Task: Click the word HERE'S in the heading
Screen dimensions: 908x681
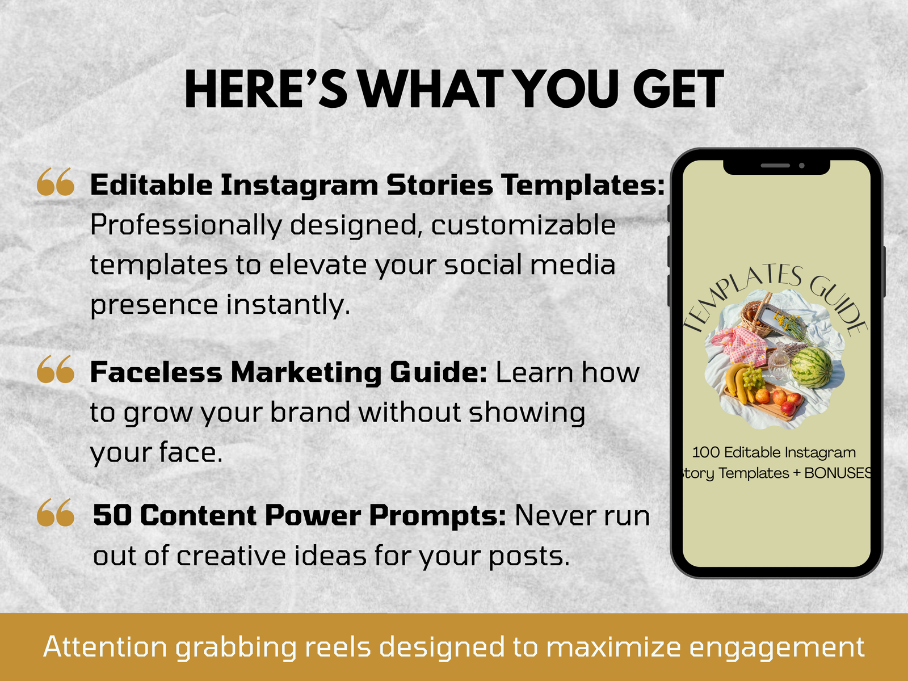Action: tap(266, 89)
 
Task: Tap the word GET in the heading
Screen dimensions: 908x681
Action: tap(678, 89)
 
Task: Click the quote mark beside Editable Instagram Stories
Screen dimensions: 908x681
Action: tap(56, 182)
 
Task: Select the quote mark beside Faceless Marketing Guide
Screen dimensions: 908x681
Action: tap(56, 369)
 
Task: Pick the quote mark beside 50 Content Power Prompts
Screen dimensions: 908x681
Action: tap(56, 512)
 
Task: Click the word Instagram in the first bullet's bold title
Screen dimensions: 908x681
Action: tap(300, 185)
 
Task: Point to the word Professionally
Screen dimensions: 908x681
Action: tap(186, 226)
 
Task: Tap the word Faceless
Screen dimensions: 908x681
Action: tap(157, 372)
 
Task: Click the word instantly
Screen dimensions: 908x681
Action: tap(288, 305)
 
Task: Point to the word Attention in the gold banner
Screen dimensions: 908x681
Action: tap(105, 647)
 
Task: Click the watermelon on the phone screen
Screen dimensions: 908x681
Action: tap(812, 368)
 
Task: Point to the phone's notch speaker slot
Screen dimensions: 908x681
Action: tap(775, 166)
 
